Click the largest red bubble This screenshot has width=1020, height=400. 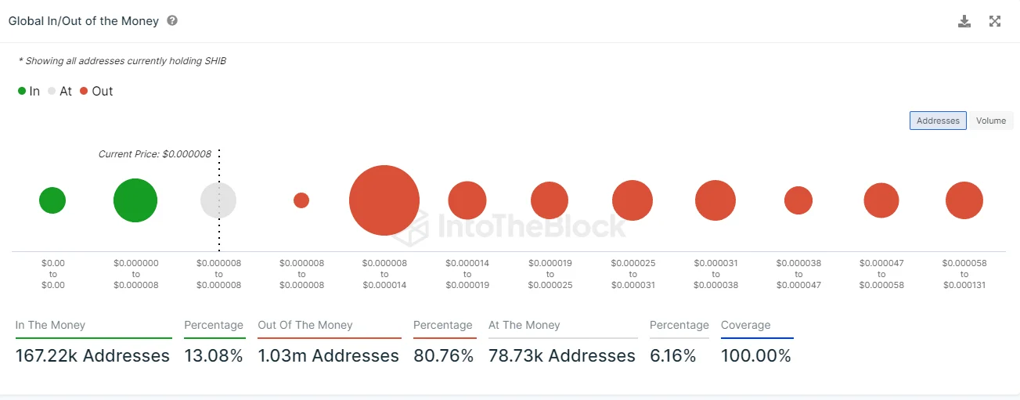(384, 200)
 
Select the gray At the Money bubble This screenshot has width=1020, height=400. (218, 200)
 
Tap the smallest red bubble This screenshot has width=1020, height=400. (301, 200)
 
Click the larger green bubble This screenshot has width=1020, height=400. (135, 200)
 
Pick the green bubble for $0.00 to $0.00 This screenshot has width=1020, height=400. (52, 200)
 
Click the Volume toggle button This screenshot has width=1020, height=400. (990, 121)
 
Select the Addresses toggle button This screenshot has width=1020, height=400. (938, 121)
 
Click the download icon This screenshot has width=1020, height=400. (964, 21)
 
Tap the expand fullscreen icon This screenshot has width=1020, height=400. (995, 21)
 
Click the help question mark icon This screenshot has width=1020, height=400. (172, 20)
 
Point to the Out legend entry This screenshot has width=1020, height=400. (96, 91)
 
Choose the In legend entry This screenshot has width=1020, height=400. (29, 91)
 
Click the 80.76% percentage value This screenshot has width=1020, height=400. (444, 356)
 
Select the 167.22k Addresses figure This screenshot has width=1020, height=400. (92, 356)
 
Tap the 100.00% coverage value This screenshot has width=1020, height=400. (756, 356)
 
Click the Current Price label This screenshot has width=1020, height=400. (154, 154)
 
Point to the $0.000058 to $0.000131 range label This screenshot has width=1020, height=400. (964, 274)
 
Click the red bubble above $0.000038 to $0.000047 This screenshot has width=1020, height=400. (798, 200)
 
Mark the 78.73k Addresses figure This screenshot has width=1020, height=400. (561, 356)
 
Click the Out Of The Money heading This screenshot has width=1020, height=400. (305, 325)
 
